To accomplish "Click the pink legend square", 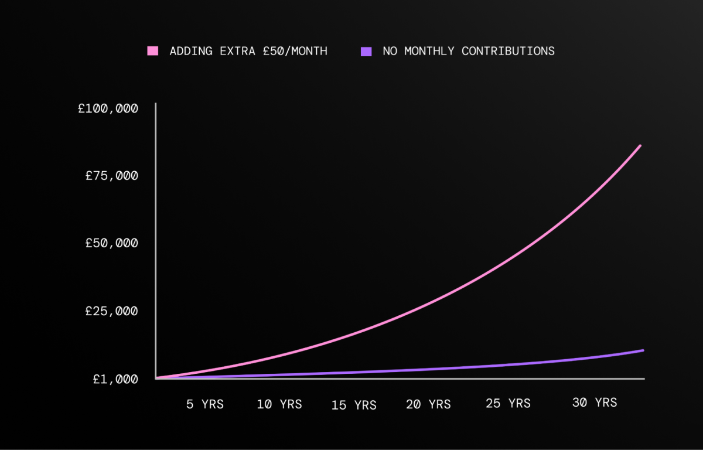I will (153, 51).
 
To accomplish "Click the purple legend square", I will (366, 51).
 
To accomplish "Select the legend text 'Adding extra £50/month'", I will (248, 51).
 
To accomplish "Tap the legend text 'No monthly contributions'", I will (469, 51).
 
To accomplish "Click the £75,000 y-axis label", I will (112, 176).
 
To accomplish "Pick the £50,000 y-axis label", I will (112, 243).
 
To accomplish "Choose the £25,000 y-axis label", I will (112, 311).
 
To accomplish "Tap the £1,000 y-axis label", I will (115, 379).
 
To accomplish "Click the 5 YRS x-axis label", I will (205, 404).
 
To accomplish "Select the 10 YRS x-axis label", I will (279, 404).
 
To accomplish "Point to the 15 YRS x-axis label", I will (354, 405).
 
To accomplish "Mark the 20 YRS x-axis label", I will (428, 404).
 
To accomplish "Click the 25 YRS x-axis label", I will (508, 403).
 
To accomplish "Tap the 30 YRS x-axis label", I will (595, 403).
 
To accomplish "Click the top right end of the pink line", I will (640, 145).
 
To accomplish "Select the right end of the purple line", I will (643, 350).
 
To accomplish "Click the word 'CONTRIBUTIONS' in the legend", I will (508, 51).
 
